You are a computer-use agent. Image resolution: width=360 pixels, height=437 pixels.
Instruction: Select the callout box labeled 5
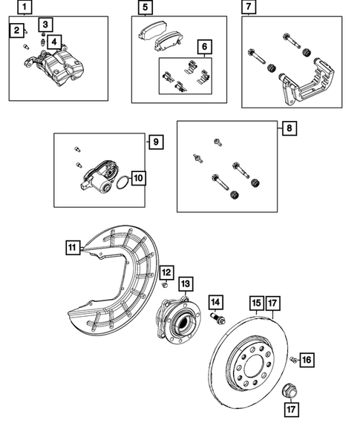point(145,9)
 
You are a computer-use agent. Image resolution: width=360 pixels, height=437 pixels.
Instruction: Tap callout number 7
point(249,9)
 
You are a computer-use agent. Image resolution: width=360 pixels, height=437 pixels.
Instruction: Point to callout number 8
point(289,128)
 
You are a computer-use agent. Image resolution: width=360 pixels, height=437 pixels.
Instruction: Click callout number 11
point(71,248)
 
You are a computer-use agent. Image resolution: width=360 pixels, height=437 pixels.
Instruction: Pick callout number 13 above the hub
point(185,283)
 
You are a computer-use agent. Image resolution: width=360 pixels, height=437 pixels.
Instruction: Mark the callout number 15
point(255,303)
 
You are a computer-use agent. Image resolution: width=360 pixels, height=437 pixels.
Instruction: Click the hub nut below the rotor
point(291,387)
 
